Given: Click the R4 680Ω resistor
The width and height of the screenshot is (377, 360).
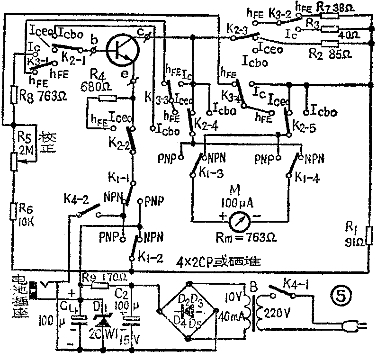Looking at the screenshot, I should tap(108, 99).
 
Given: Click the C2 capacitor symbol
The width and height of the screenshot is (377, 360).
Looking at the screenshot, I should tap(131, 320).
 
